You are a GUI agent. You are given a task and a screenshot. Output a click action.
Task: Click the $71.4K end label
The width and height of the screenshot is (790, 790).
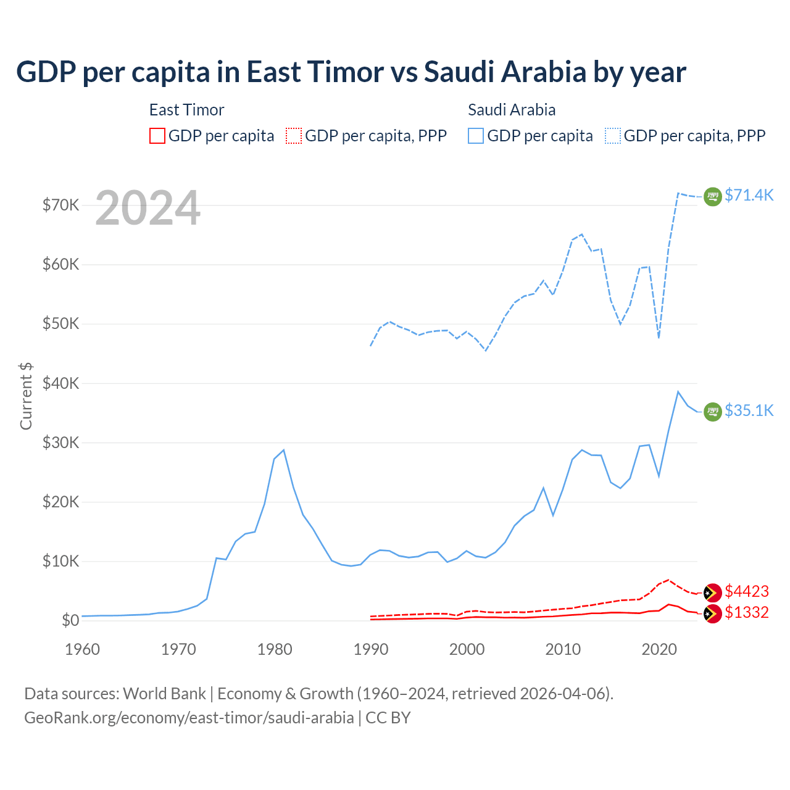pos(749,195)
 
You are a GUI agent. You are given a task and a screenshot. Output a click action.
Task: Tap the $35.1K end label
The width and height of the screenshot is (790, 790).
pos(749,410)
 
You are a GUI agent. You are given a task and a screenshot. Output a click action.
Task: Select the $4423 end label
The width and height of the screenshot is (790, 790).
pos(747,591)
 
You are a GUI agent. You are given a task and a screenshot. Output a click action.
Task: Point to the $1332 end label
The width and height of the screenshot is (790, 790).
pos(747,612)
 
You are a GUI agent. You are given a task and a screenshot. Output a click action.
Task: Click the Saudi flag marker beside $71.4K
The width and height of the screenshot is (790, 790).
pos(713,196)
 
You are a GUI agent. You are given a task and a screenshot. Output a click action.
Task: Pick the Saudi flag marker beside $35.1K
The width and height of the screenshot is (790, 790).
pos(713,412)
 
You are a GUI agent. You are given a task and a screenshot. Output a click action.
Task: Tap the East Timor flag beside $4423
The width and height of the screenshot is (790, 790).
pos(713,592)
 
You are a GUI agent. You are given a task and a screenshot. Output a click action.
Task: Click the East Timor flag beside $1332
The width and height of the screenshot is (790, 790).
pos(713,613)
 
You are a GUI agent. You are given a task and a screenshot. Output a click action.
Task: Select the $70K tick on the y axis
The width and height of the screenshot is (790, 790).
pos(60,205)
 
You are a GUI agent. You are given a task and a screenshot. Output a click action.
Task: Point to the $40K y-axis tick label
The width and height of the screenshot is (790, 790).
pos(60,383)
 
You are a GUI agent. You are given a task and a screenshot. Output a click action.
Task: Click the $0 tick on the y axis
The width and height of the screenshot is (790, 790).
pos(70,620)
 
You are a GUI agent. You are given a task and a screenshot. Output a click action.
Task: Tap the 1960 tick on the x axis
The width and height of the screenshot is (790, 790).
pos(82,649)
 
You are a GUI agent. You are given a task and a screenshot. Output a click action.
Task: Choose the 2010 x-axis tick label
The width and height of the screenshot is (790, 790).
pos(563,649)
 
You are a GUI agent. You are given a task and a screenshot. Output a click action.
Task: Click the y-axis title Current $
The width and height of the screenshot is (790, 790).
pos(26,396)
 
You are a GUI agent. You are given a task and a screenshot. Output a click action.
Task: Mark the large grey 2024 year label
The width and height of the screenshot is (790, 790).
pos(148,209)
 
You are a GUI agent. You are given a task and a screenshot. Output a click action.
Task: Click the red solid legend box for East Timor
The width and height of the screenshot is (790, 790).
pos(157,136)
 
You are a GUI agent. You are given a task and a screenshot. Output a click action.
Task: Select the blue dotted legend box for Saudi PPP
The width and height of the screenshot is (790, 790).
pos(613,136)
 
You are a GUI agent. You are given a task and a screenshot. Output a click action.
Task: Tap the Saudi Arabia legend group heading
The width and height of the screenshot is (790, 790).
pos(512,110)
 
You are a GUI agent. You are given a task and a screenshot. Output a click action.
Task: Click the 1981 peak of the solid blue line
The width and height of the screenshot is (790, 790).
pos(283,450)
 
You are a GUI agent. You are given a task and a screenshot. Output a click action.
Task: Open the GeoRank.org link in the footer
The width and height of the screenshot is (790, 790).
pos(189,718)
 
